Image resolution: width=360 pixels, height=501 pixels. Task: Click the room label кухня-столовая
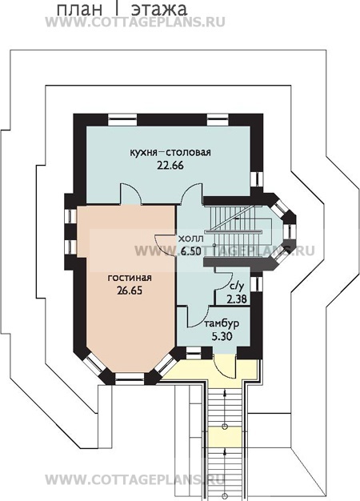[x=170, y=152]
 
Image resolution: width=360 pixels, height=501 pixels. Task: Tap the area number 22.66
[x=170, y=166]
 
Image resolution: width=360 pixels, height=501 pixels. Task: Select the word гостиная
[x=130, y=278]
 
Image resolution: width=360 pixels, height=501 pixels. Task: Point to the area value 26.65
[x=130, y=291]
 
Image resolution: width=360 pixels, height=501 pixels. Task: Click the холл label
[x=190, y=238]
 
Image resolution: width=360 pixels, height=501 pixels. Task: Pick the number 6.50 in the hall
[x=190, y=251]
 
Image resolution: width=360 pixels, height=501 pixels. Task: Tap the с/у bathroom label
[x=235, y=287]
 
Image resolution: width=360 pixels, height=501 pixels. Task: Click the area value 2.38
[x=237, y=299]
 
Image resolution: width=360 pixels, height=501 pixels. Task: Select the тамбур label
[x=222, y=324]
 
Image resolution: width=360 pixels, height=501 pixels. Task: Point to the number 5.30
[x=222, y=336]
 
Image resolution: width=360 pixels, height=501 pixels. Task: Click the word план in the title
[x=80, y=10]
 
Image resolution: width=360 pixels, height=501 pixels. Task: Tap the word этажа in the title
[x=159, y=10]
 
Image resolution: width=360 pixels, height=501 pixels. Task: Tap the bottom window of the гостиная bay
[x=130, y=377]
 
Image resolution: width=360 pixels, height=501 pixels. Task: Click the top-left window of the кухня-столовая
[x=122, y=119]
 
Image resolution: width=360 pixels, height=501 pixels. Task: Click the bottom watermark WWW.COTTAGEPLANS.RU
[x=135, y=479]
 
